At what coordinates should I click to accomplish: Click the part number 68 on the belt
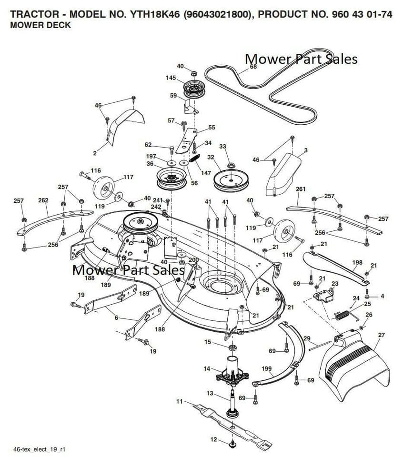[x=253, y=67]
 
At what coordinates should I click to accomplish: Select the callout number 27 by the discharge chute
[x=381, y=335]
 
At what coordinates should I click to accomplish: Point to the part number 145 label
[x=171, y=78]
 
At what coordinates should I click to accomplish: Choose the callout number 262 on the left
[x=43, y=200]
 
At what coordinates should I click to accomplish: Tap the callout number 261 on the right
[x=301, y=189]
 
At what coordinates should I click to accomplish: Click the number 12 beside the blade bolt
[x=213, y=439]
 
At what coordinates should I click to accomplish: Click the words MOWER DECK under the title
[x=40, y=25]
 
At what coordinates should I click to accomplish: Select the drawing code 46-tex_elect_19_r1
[x=39, y=449]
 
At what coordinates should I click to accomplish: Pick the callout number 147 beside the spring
[x=206, y=173]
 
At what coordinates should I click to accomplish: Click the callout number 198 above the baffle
[x=357, y=262]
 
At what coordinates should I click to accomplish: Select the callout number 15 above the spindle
[x=208, y=342]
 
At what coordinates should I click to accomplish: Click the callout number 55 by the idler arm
[x=212, y=127]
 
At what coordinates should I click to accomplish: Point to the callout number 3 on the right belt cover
[x=305, y=150]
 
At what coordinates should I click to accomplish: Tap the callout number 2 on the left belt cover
[x=95, y=153]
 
